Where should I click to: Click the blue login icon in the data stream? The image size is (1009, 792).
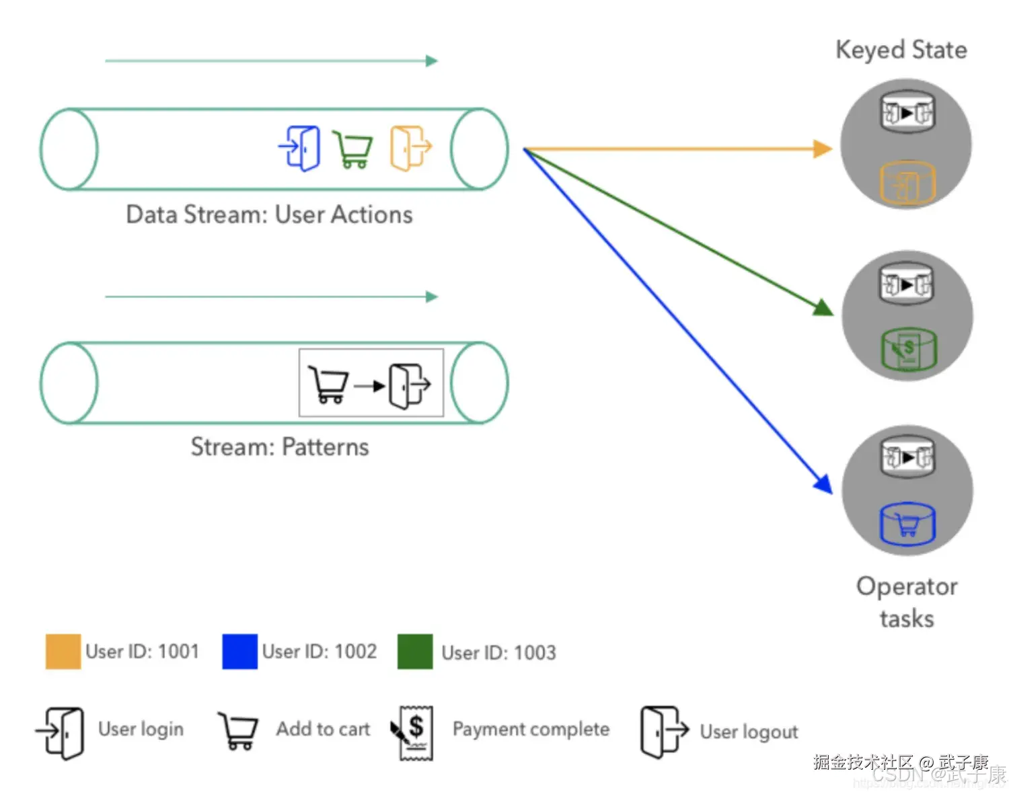tap(300, 148)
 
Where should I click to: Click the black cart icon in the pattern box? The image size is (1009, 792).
tap(328, 384)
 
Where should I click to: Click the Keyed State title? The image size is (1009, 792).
tap(901, 50)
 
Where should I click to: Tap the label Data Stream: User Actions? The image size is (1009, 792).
tap(269, 214)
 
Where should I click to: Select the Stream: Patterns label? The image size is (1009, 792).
tap(280, 447)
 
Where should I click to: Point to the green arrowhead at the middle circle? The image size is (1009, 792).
tap(823, 309)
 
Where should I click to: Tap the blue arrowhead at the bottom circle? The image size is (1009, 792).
tap(823, 483)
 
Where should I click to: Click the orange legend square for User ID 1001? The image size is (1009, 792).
tap(63, 651)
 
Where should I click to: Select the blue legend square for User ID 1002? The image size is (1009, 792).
tap(239, 651)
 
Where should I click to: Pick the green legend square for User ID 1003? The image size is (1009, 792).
tap(414, 651)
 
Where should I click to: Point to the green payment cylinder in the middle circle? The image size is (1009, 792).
tap(908, 349)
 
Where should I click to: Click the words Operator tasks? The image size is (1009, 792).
tap(907, 602)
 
